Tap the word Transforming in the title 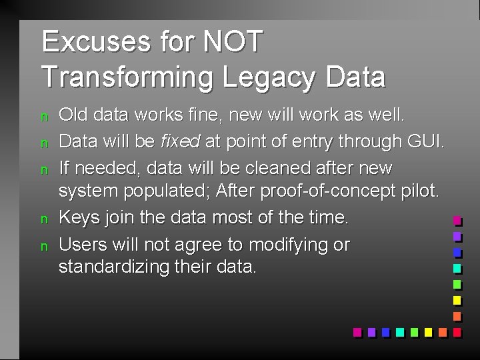click(x=127, y=77)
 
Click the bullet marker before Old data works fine click(x=45, y=117)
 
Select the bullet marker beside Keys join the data click(x=45, y=219)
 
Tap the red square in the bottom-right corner click(x=457, y=331)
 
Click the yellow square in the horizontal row click(x=428, y=331)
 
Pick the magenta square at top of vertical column click(x=457, y=220)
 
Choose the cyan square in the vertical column click(x=457, y=268)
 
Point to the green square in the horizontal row click(x=414, y=331)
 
